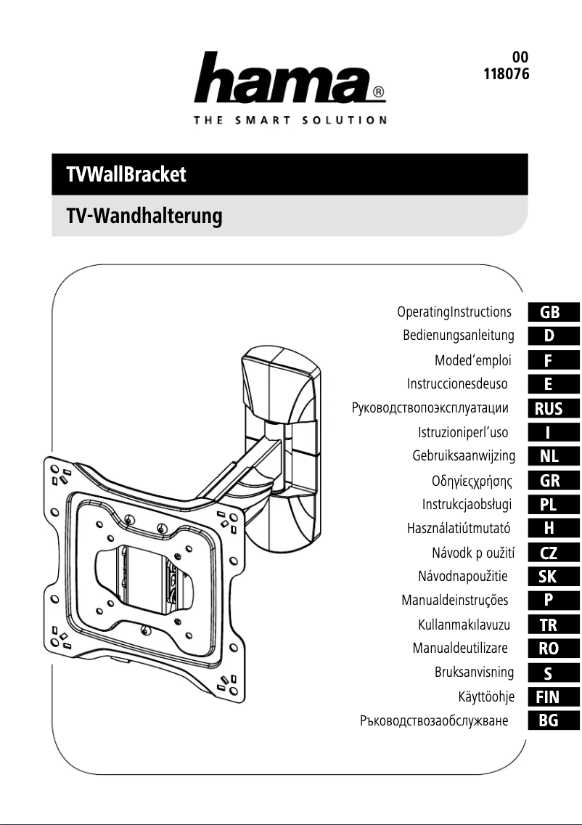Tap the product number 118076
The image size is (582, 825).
(506, 74)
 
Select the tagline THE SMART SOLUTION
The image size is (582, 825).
(290, 120)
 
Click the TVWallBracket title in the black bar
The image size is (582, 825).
(126, 175)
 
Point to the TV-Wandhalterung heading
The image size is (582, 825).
(143, 216)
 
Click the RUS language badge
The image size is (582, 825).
(549, 408)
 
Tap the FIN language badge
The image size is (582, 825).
(548, 697)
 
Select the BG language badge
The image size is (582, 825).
(549, 721)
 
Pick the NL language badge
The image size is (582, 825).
(549, 456)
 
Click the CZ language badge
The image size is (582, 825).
(549, 553)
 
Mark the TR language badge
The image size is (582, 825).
(549, 625)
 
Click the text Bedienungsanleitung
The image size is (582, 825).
(459, 336)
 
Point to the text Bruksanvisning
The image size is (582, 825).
(474, 672)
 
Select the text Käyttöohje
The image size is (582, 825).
(486, 697)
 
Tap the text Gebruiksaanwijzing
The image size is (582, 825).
(464, 456)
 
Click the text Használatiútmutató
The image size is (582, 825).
(460, 529)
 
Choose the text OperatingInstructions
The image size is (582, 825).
(454, 312)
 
